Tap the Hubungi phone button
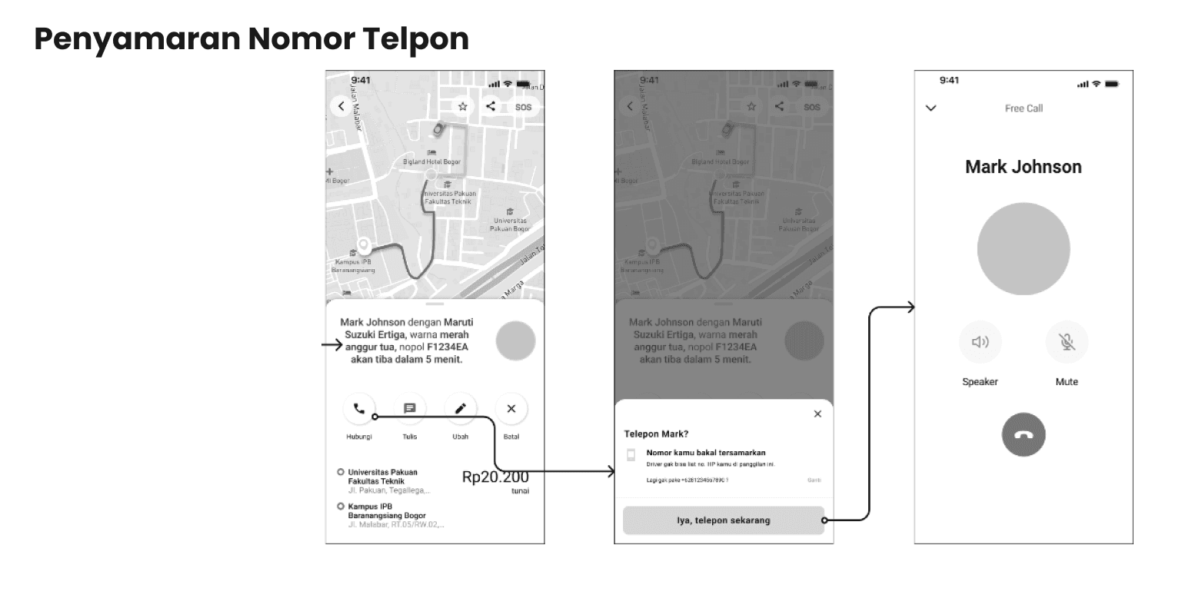(359, 409)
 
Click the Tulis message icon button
(410, 409)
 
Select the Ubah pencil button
(461, 409)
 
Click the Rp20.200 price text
(495, 477)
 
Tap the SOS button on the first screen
(523, 108)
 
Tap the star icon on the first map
(462, 107)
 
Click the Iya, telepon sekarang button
(723, 520)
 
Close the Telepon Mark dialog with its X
(817, 414)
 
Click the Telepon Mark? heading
(656, 434)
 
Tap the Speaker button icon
(981, 342)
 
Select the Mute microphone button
(1067, 342)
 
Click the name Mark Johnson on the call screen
(1023, 167)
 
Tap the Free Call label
(1024, 108)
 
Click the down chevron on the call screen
(931, 108)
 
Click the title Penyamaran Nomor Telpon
(251, 38)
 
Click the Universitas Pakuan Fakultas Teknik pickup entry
(383, 477)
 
